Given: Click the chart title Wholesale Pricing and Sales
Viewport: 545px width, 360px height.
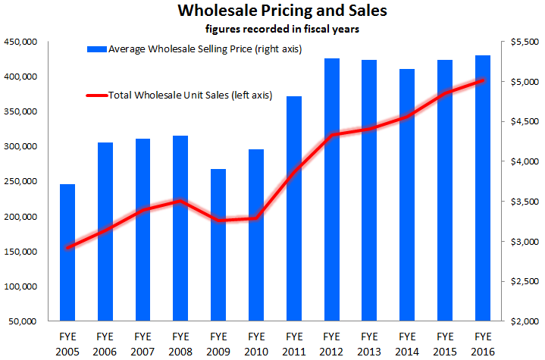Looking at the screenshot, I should [271, 11].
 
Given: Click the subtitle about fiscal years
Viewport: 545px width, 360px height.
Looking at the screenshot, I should [271, 29].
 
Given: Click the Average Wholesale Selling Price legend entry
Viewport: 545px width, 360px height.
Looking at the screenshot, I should [194, 49].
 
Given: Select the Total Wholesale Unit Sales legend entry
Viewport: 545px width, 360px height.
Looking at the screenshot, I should [189, 95].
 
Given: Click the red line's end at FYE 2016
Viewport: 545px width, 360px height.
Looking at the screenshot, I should [482, 80].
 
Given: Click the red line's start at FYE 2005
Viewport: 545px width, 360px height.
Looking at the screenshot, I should [68, 248].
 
